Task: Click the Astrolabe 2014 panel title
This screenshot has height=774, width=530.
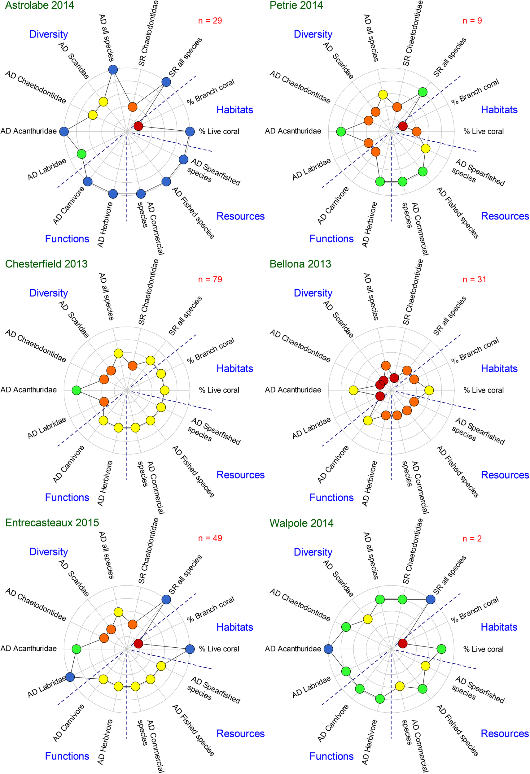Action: [39, 5]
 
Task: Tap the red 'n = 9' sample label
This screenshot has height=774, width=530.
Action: [472, 21]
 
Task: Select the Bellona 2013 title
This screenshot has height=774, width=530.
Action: [300, 264]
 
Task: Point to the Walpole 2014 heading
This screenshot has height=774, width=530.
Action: [301, 523]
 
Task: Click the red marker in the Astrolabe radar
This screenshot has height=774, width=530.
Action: [138, 126]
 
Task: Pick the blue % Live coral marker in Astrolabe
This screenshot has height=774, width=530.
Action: [190, 131]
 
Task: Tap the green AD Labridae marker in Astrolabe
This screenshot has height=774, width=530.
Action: [81, 154]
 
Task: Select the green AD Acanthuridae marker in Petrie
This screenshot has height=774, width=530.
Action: [341, 132]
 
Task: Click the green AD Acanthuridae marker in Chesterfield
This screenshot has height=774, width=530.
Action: [76, 390]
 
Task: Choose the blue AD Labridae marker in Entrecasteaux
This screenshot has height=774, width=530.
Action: [70, 677]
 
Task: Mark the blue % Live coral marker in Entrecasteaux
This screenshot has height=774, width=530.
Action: [190, 649]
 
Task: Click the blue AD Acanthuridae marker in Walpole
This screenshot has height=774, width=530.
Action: [328, 649]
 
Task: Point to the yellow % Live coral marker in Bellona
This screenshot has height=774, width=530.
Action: [429, 390]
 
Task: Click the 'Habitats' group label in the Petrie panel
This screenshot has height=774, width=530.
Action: [499, 110]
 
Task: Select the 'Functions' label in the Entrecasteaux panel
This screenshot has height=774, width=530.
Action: [67, 756]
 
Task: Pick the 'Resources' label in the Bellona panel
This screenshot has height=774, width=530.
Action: [505, 475]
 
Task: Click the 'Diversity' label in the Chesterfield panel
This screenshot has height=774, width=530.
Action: [49, 293]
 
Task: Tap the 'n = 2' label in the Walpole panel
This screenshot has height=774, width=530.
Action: [472, 538]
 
